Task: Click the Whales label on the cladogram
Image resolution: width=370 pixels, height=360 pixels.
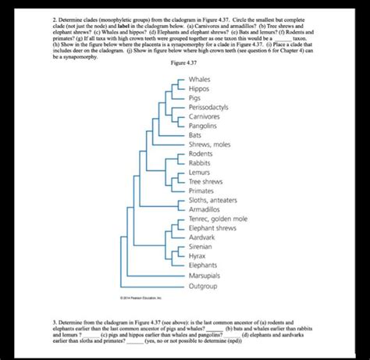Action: click(x=201, y=80)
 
